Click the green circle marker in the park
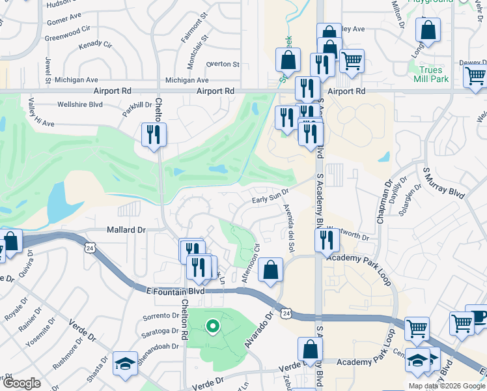click(x=212, y=326)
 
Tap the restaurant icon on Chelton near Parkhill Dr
click(x=154, y=135)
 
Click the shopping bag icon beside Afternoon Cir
click(x=270, y=270)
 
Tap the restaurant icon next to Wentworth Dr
click(x=327, y=240)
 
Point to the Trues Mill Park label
click(x=431, y=74)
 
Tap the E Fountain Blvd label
click(x=176, y=291)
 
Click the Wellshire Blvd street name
click(x=80, y=104)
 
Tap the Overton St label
click(x=223, y=65)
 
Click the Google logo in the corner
click(x=21, y=383)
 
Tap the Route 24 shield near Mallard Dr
click(x=89, y=248)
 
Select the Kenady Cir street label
click(x=95, y=47)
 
